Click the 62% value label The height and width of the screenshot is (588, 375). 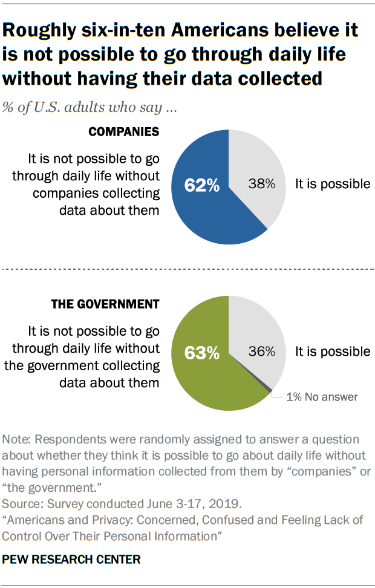click(203, 185)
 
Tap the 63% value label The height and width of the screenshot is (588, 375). click(203, 352)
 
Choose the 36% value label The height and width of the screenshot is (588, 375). click(262, 351)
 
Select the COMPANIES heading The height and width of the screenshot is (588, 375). click(124, 132)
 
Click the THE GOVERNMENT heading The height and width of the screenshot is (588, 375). click(104, 304)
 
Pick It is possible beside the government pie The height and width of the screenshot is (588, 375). click(332, 351)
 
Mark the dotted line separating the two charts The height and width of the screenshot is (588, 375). click(187, 269)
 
